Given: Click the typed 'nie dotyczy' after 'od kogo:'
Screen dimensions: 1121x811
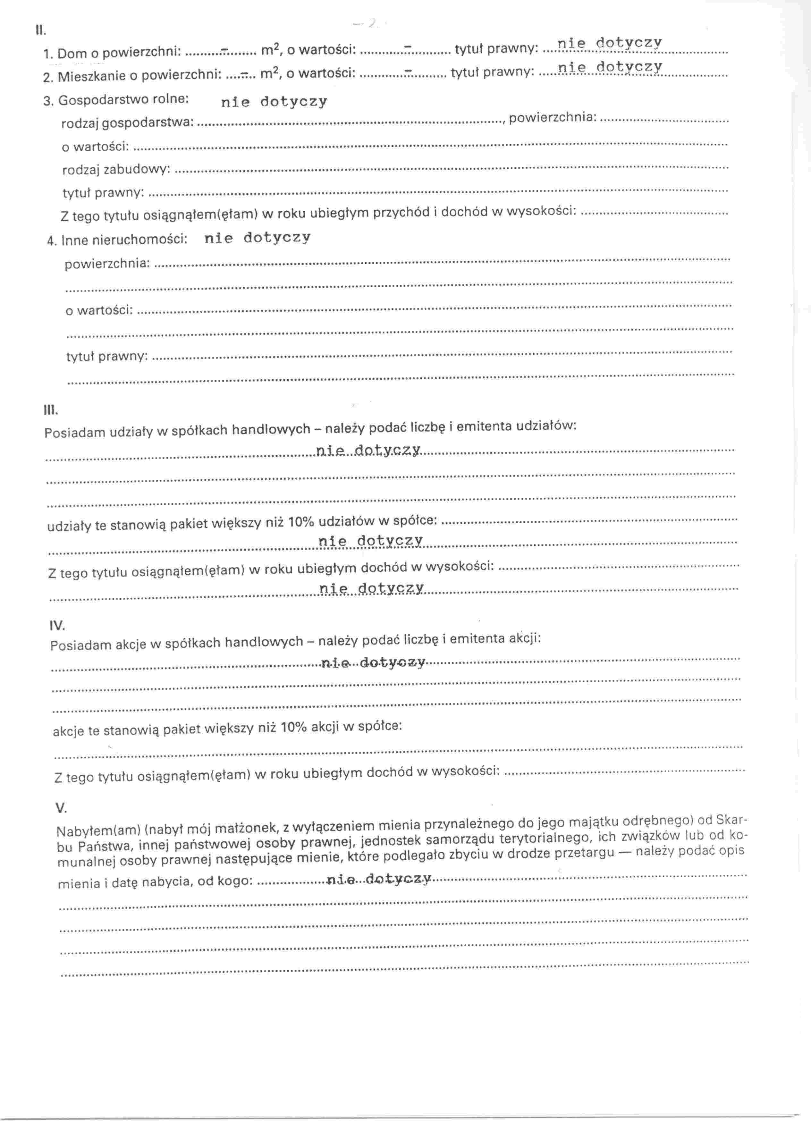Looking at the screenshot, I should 379,878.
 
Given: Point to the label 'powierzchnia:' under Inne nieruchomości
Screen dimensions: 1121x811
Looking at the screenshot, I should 107,264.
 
